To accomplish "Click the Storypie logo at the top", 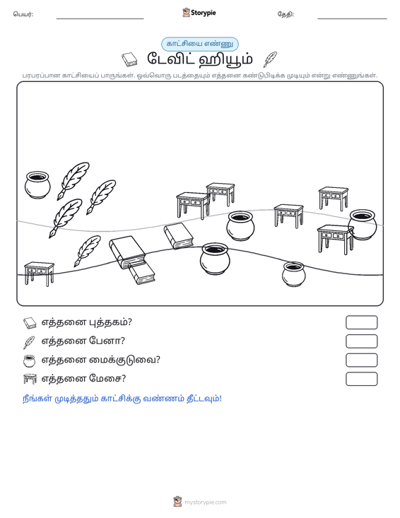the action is tap(199, 13).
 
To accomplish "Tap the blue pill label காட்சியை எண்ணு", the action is tap(200, 44).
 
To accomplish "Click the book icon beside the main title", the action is tap(129, 60).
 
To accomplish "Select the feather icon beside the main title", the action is tap(270, 59).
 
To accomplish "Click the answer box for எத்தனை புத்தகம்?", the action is tap(361, 322).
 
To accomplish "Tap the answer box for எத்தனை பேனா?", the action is tap(361, 341).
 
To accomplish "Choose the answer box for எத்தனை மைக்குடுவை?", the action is tap(361, 360).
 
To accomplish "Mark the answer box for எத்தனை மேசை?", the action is tap(361, 379).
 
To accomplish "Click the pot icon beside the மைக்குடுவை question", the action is tap(30, 360).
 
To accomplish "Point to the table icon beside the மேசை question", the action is tap(30, 379).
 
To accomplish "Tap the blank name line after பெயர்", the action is tap(100, 18).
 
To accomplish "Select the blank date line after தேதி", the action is tap(352, 18).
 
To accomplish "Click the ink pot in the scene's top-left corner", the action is tap(37, 184).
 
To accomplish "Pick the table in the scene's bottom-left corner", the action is tap(39, 274).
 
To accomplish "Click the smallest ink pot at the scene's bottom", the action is tap(294, 274).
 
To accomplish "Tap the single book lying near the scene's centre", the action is tap(178, 236).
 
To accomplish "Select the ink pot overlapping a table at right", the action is tap(363, 224).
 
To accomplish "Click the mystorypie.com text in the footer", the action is tap(206, 502).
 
